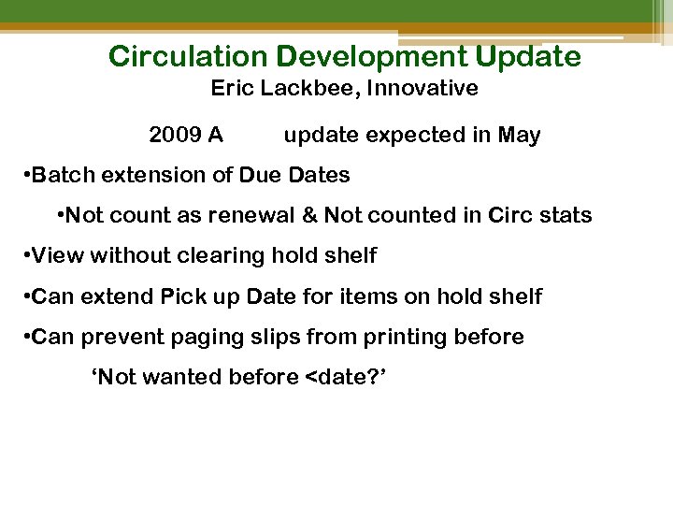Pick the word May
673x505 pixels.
pyautogui.click(x=519, y=136)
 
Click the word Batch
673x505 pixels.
pyautogui.click(x=62, y=175)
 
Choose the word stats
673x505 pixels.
pyautogui.click(x=566, y=215)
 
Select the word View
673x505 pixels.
pyautogui.click(x=58, y=255)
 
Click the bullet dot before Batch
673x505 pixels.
pyautogui.click(x=25, y=176)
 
